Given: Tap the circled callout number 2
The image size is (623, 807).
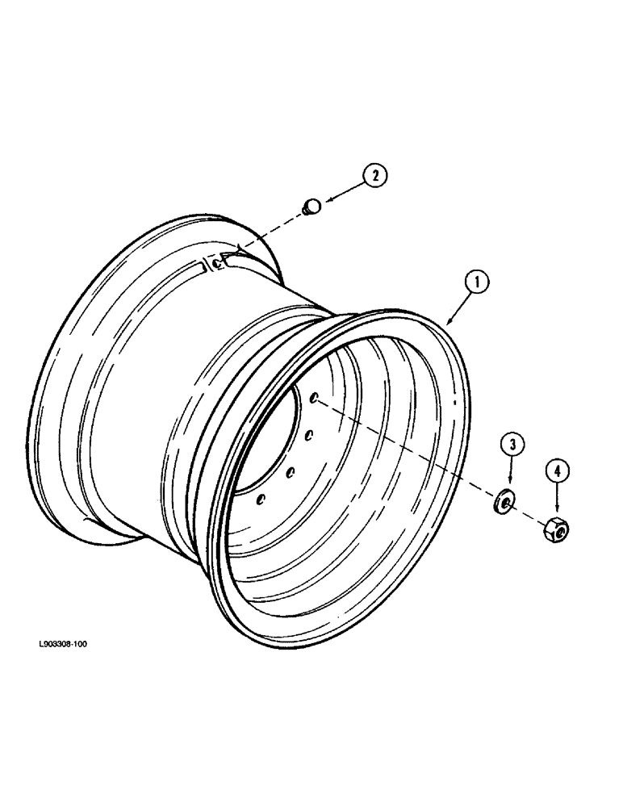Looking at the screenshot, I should (x=374, y=174).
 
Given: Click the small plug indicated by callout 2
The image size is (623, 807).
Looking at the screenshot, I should (x=311, y=208).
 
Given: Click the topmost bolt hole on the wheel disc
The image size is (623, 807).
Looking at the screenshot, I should (x=314, y=396).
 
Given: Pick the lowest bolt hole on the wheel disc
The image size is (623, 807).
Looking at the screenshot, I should (x=260, y=500).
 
